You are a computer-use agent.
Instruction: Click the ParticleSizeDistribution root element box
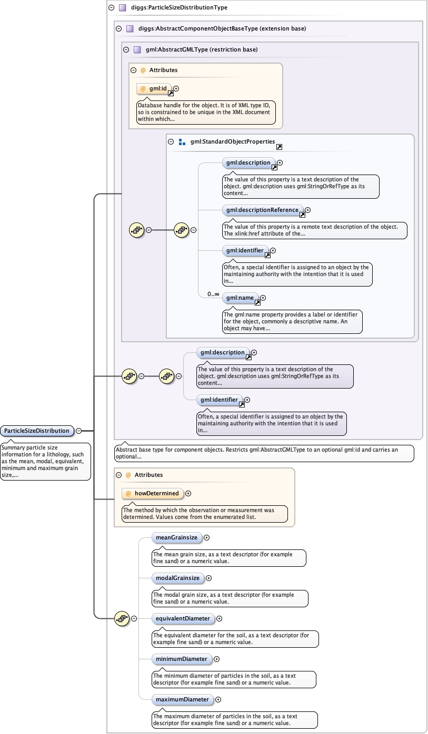coord(37,431)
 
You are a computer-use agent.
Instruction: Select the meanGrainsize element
coord(176,537)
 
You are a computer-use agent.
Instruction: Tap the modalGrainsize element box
coord(177,578)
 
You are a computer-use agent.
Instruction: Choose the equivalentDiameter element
coord(183,618)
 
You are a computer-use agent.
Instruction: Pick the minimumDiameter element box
coord(182,659)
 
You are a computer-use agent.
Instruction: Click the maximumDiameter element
coord(182,699)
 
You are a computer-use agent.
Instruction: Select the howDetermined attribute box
coord(153,493)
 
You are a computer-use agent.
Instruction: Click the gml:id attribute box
coord(154,88)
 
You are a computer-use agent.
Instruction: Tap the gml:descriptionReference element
coord(262,210)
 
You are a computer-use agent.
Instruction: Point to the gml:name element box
coord(240,298)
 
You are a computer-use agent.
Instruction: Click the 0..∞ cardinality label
coord(213,294)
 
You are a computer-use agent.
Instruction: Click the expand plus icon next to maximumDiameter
coord(218,700)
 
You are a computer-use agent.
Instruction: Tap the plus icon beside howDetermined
coord(188,494)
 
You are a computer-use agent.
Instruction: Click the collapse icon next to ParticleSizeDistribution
coord(79,431)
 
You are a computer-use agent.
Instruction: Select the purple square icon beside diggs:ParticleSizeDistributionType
coord(122,7)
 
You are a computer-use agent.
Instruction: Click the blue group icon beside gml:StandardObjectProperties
coord(182,142)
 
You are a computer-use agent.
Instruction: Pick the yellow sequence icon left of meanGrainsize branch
coord(122,619)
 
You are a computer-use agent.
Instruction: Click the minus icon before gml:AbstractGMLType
coord(126,50)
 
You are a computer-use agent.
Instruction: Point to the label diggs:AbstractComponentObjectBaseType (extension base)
coord(222,28)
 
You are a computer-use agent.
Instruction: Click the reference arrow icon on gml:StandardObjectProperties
coord(279,147)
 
